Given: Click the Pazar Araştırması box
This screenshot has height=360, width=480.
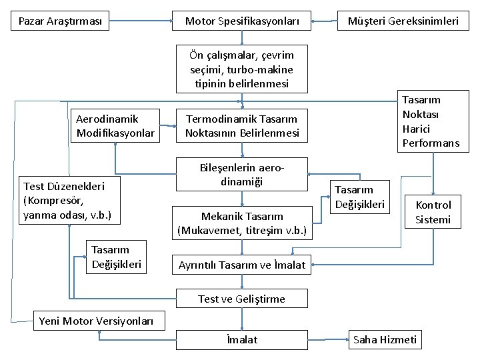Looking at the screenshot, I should click(x=61, y=21).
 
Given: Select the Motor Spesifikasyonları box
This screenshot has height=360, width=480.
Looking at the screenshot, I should click(x=242, y=21).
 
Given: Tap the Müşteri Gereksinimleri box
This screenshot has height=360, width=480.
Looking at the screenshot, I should click(x=403, y=21).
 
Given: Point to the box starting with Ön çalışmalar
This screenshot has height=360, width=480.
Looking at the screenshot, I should click(x=242, y=69).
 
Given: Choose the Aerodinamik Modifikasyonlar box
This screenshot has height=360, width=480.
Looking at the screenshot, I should click(x=116, y=126).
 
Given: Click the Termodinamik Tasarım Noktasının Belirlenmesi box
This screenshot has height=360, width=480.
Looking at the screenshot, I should click(x=242, y=126).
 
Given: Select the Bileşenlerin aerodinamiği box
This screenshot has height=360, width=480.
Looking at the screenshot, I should click(x=241, y=175).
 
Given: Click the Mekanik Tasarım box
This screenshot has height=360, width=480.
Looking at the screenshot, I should click(x=242, y=224).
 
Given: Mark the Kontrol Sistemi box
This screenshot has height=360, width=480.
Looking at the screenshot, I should click(x=433, y=212).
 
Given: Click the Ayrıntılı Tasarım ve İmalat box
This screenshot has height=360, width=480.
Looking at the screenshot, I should click(x=242, y=265).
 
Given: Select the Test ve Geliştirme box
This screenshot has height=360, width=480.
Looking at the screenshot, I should click(x=242, y=299).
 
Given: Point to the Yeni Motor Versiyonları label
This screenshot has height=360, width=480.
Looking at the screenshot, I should click(x=96, y=321).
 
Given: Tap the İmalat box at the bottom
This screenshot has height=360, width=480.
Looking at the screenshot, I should click(x=242, y=340).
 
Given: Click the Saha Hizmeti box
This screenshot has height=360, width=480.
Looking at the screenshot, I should click(x=385, y=340).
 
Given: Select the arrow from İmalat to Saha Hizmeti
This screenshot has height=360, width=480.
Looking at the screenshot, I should click(x=328, y=340).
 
